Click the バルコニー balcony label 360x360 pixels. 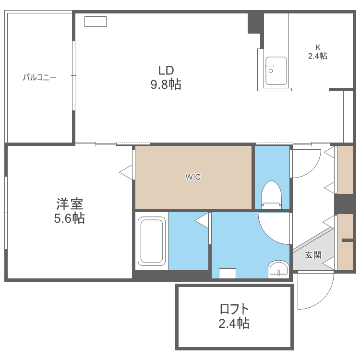point(40,77)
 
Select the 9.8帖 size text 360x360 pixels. point(166,85)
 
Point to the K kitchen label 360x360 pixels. point(317,47)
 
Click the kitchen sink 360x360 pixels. point(276,71)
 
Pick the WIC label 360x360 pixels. point(193,177)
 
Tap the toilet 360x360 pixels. point(272,194)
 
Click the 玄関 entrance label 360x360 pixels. point(313,254)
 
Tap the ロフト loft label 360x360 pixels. point(234,308)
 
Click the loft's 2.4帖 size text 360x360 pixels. point(234,323)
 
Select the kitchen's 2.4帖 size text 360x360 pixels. point(317,56)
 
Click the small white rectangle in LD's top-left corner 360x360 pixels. point(96,21)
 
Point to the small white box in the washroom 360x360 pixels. point(227,273)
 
